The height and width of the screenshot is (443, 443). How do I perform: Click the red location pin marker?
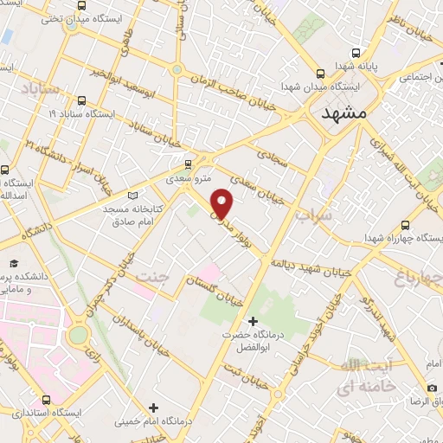coord(222,203)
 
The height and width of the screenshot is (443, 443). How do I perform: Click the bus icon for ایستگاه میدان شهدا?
coord(321,74)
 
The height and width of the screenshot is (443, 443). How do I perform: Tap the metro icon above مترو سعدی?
coord(188,162)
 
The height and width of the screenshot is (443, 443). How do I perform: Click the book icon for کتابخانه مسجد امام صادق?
coord(132,195)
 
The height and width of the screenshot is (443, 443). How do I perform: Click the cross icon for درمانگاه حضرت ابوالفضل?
coord(253,321)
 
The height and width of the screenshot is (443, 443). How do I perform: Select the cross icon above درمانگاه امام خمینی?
coord(153,407)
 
